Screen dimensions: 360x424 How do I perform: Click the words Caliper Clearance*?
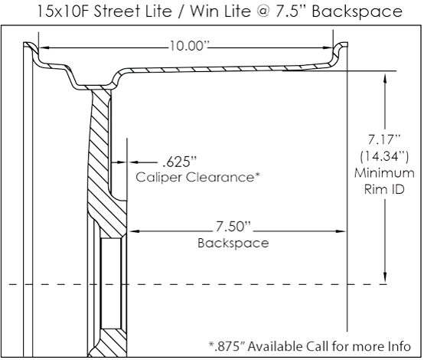198,177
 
